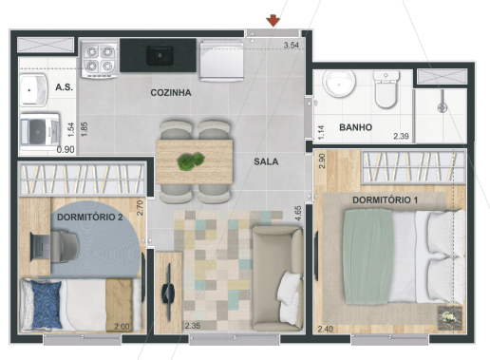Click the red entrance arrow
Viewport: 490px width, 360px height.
click(273, 20)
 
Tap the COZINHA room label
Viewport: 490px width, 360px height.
click(171, 93)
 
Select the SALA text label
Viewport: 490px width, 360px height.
click(266, 161)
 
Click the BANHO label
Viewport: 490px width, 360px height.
click(355, 126)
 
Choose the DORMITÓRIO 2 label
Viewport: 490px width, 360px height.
click(90, 218)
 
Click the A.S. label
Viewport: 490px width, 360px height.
click(65, 87)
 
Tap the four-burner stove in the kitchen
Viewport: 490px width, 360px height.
click(98, 59)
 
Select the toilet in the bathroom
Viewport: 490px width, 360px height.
click(387, 92)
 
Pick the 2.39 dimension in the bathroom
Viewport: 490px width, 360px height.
click(402, 138)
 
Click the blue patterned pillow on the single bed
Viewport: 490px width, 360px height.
click(43, 306)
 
